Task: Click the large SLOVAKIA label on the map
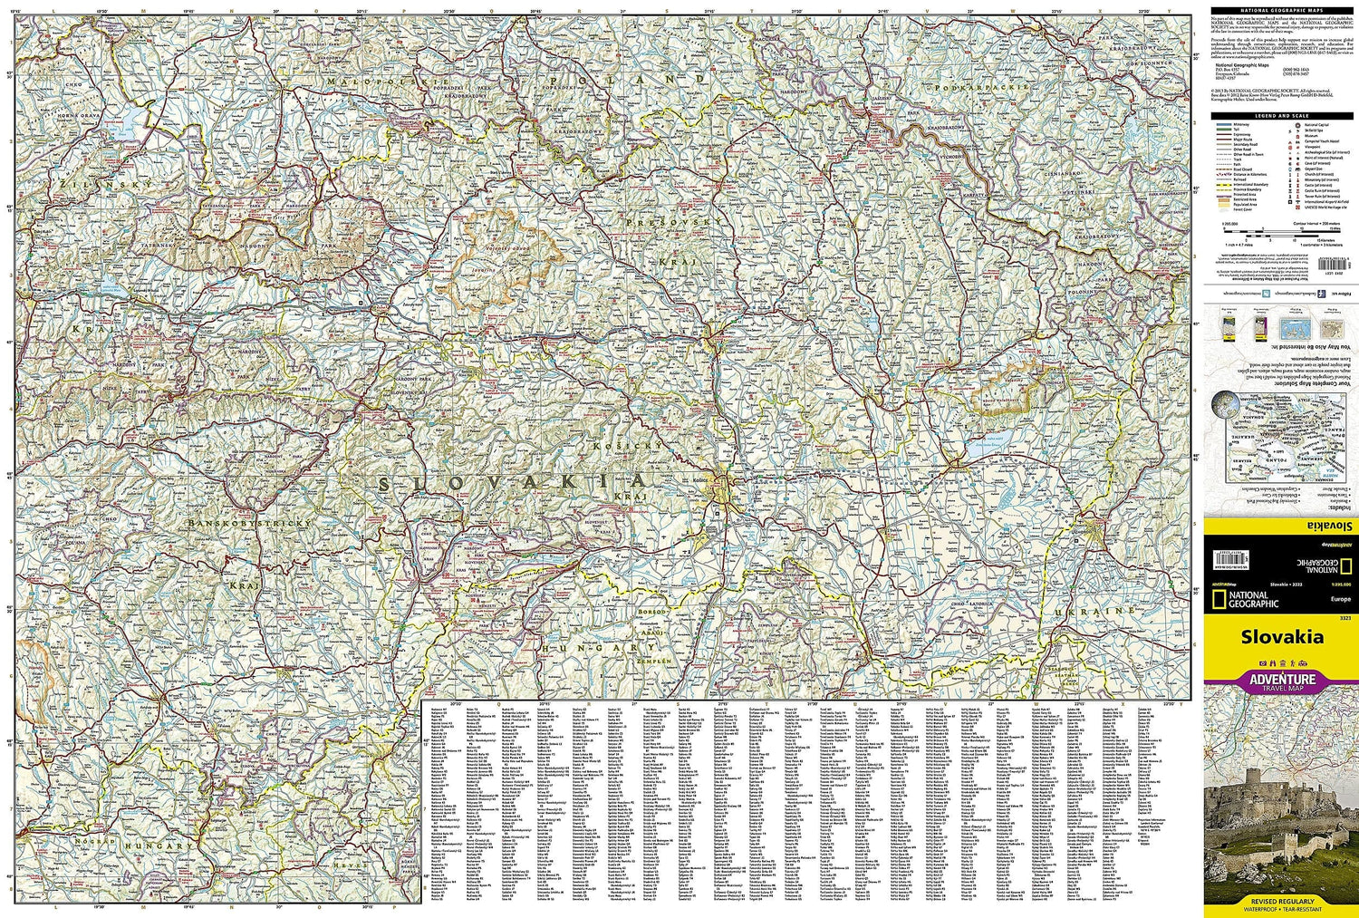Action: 512,482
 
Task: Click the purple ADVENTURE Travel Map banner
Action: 1281,680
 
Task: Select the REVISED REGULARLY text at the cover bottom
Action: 1281,901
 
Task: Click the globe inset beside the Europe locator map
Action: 1228,402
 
